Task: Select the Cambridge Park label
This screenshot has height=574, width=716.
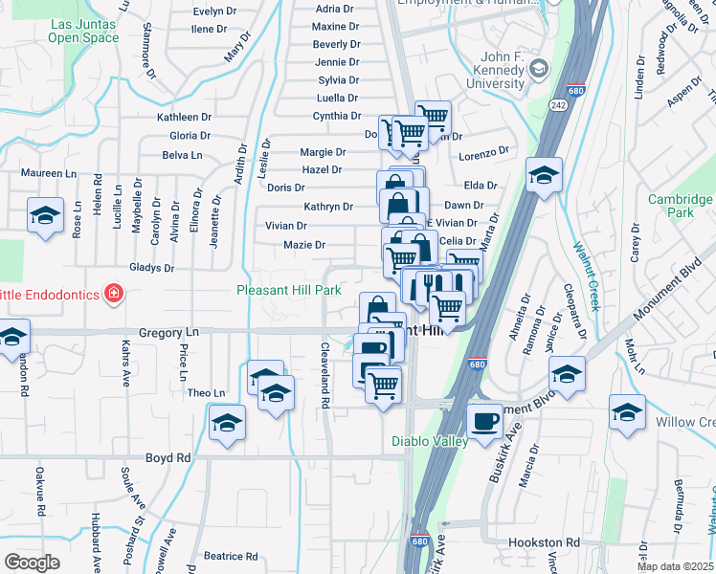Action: click(x=679, y=206)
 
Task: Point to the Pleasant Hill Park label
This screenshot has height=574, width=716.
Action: click(x=289, y=289)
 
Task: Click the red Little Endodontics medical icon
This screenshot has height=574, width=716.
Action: click(x=113, y=293)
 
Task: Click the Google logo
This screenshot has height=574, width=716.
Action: click(x=32, y=563)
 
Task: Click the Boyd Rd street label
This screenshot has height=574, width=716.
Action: click(x=168, y=457)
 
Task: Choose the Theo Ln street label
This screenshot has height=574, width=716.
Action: click(x=206, y=393)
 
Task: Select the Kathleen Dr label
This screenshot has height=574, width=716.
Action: click(x=184, y=117)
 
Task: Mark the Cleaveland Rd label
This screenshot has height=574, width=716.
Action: click(x=325, y=376)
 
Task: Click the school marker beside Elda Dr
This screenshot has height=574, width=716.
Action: click(x=544, y=175)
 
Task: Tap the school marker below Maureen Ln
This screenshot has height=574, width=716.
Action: click(x=44, y=216)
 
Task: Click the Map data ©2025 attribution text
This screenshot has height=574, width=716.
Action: click(x=675, y=566)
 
